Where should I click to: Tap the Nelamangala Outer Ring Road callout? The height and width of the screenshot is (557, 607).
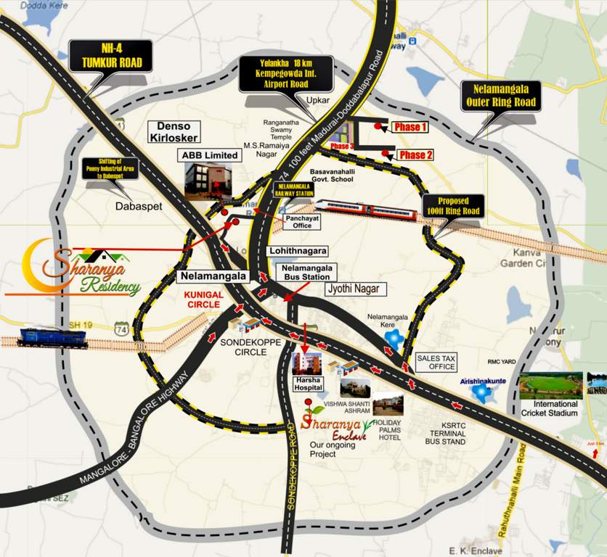[500, 96]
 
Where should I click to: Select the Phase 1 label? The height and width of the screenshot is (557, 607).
[410, 127]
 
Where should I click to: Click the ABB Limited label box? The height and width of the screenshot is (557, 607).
[209, 155]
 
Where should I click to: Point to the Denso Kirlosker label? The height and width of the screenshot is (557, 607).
[174, 131]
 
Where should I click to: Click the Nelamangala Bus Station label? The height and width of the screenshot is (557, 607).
[306, 272]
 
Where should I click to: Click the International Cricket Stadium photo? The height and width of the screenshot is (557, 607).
[550, 384]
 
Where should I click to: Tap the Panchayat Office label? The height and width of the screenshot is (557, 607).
[298, 220]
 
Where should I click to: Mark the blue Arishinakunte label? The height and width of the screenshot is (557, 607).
[482, 381]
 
